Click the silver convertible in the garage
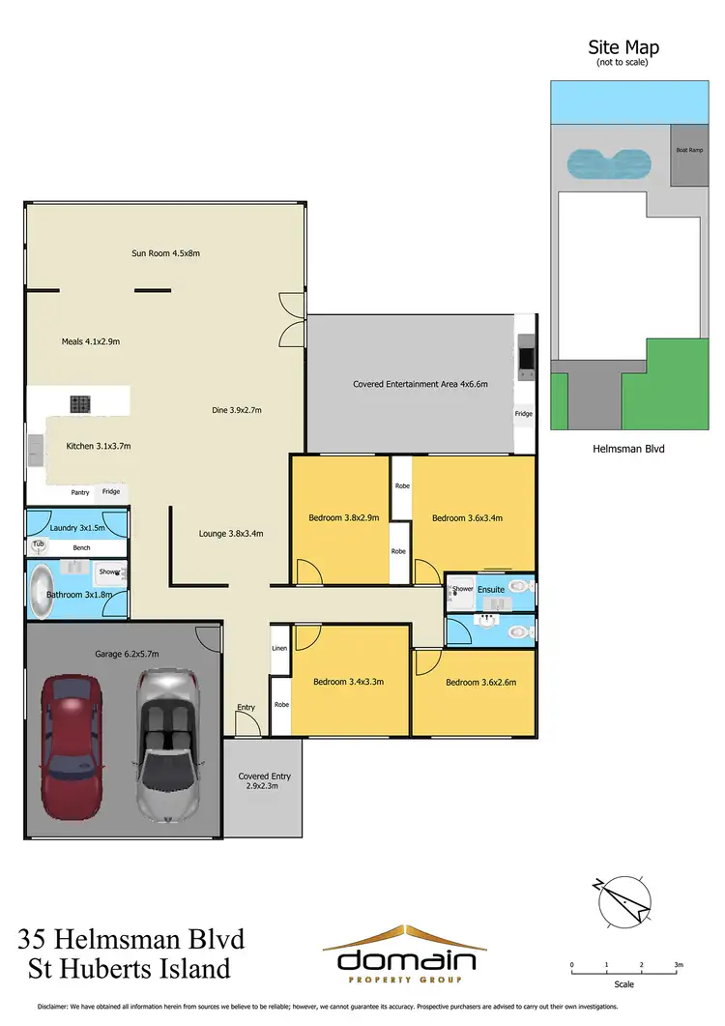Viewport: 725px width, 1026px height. coord(171,745)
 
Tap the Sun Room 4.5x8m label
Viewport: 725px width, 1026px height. coord(165,253)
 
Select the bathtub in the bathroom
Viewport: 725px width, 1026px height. coord(43,593)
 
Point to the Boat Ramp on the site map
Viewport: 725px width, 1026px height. coord(688,150)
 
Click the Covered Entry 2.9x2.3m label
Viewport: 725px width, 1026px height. coord(264,781)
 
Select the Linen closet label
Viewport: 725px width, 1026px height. coord(279,648)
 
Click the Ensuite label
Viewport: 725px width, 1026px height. coord(490,589)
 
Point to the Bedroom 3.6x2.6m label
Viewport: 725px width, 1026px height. coord(480,682)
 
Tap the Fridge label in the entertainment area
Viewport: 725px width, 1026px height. coord(523,414)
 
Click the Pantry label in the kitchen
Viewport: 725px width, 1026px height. coord(79,492)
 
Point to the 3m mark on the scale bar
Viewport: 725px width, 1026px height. coord(679,965)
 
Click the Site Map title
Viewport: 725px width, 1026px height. coord(623,47)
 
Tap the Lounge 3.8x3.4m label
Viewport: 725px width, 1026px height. coord(231,533)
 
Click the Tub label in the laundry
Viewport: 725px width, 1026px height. coord(39,544)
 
